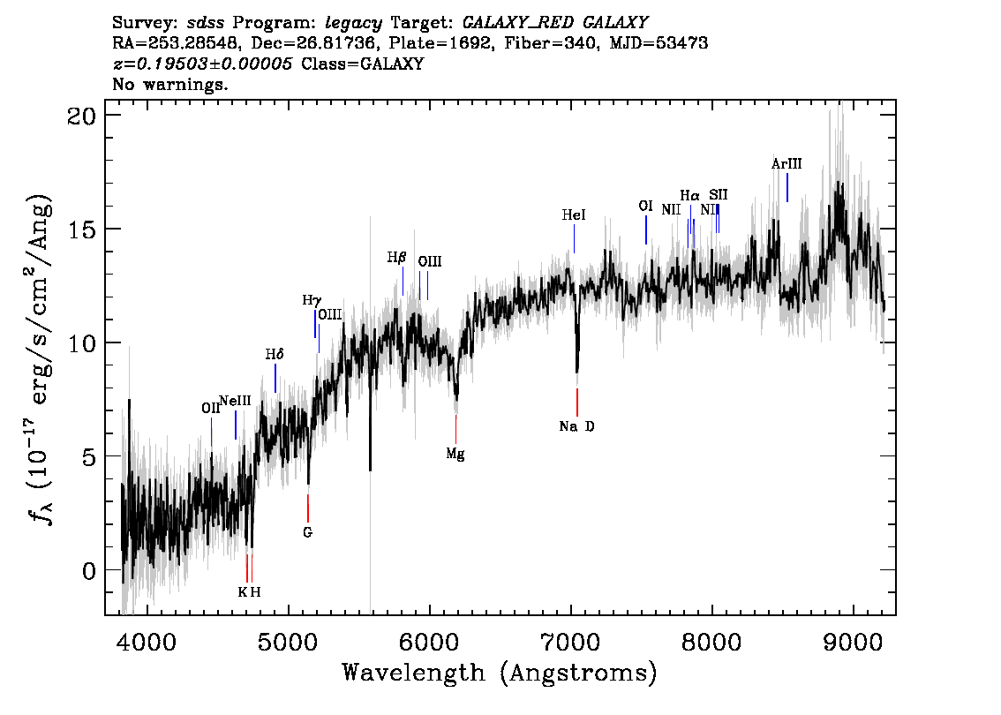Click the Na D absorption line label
tap(576, 425)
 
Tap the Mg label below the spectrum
tap(455, 454)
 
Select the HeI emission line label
tap(573, 215)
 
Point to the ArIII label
tap(786, 164)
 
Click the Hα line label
tap(689, 195)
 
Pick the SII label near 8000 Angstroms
tap(719, 194)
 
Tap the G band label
tap(308, 531)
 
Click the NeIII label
tap(235, 401)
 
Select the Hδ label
tap(275, 354)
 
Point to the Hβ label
tap(396, 257)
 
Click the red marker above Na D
tap(577, 403)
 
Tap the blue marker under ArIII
tap(787, 188)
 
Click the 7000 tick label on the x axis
tap(571, 642)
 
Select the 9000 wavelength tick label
tap(853, 642)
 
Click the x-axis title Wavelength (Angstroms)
tap(500, 673)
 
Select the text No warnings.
tap(169, 84)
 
